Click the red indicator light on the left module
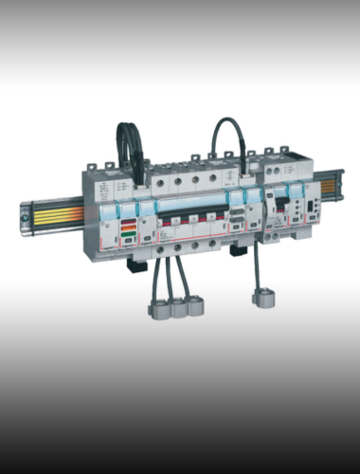coord(127,224)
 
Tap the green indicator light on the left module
coord(127,235)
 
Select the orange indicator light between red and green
coord(127,229)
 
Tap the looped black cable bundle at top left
coord(127,152)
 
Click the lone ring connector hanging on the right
coord(261,300)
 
